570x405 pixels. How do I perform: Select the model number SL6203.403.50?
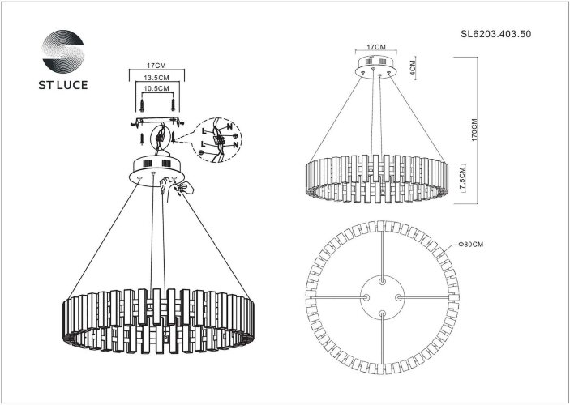point(495,36)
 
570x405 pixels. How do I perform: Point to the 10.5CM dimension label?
point(155,87)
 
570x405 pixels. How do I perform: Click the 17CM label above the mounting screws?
point(155,63)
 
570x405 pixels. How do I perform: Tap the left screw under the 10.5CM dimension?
point(144,104)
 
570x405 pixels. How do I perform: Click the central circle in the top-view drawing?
point(381,296)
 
